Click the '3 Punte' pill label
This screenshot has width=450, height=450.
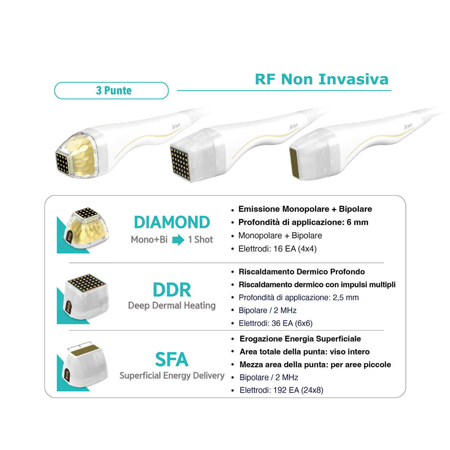click(x=111, y=90)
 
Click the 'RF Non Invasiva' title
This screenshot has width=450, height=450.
click(x=322, y=79)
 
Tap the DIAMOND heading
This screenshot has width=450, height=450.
click(x=172, y=222)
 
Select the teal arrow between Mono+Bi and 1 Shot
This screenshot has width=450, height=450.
click(x=178, y=240)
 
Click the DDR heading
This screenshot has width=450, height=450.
click(x=172, y=290)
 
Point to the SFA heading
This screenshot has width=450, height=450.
click(x=172, y=360)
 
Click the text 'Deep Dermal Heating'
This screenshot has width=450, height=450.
click(x=172, y=306)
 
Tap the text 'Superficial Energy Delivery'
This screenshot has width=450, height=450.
click(x=172, y=376)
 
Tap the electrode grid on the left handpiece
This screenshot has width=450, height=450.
click(x=63, y=163)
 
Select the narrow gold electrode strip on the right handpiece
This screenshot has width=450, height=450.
click(x=293, y=163)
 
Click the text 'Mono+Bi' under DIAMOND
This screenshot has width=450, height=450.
click(x=149, y=239)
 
